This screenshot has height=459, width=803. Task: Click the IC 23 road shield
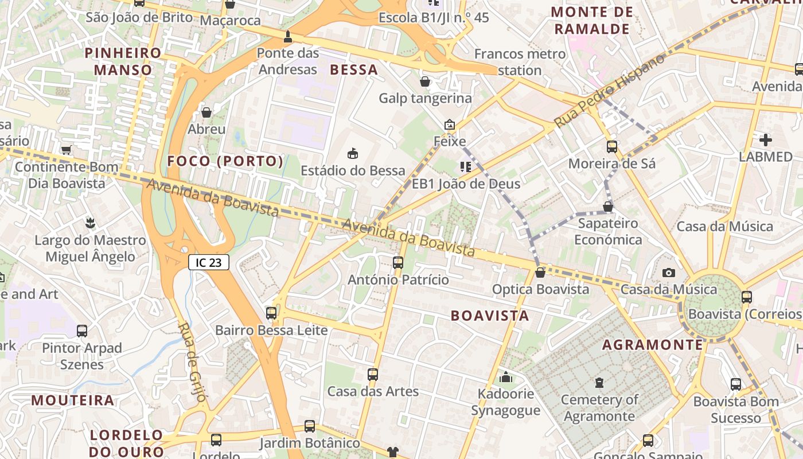pos(209,263)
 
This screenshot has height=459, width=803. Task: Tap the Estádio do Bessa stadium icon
pos(353,153)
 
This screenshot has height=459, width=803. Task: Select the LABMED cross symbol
pos(765,139)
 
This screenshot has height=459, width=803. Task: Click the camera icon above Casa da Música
pos(668,273)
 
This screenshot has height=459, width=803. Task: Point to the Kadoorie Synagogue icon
pos(505,377)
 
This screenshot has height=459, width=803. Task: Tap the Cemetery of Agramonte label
pos(599,408)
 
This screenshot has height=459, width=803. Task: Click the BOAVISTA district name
pos(489,316)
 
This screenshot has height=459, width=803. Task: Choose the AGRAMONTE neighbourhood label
pos(652,345)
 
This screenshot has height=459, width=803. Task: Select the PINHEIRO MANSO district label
pos(123,61)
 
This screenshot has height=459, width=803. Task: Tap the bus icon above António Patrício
pos(398,263)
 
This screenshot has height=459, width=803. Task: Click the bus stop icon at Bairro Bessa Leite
pos(271,313)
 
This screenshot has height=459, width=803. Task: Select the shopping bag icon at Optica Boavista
pos(540,273)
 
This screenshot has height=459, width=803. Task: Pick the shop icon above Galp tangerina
pos(425,81)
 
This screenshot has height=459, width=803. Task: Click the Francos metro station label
pos(520,62)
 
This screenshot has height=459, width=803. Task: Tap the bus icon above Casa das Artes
pos(373,375)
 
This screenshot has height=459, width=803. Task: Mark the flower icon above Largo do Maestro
pos(89,222)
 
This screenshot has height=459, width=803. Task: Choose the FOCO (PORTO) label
pos(225,161)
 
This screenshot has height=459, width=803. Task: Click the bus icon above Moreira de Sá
pos(612,146)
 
